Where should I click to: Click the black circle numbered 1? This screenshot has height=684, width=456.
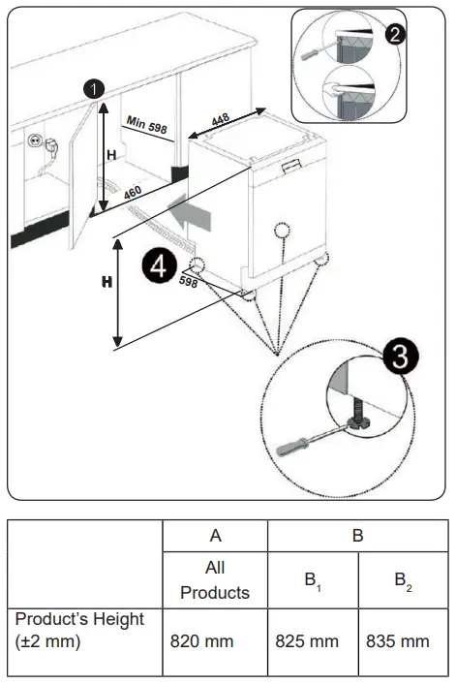[93, 88]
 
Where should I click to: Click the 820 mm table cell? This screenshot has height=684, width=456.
[215, 640]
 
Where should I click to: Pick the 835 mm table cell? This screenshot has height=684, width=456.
[398, 640]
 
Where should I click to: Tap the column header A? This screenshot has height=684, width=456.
[215, 534]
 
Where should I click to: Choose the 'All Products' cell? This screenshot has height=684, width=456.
[215, 578]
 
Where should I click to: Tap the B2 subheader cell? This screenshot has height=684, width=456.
[398, 580]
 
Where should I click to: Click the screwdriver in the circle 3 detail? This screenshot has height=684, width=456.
[308, 441]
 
